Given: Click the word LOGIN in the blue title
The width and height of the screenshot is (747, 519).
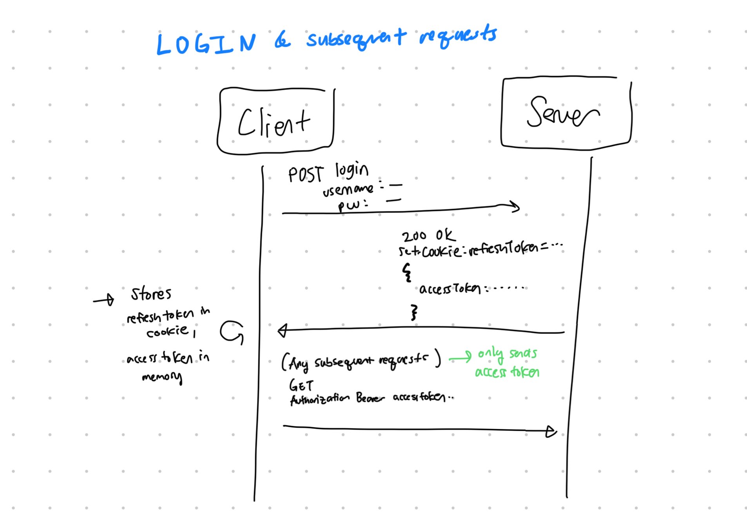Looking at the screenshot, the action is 206,44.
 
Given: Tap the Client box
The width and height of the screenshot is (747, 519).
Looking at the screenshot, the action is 275,121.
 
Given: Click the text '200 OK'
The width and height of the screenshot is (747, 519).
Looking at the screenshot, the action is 428,236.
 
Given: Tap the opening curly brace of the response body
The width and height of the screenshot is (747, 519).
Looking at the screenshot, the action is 407,272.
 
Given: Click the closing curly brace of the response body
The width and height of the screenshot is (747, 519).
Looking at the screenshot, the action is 414,312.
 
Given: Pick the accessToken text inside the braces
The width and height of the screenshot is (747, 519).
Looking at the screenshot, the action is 450,289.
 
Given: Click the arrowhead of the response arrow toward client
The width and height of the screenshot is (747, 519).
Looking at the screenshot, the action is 282,331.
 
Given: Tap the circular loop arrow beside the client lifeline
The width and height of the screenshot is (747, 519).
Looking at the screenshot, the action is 232,332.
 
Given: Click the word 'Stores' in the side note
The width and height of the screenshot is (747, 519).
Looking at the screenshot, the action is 151,294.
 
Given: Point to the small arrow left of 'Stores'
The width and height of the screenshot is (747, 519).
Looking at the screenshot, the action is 104,300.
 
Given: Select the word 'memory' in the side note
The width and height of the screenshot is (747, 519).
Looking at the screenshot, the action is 162,377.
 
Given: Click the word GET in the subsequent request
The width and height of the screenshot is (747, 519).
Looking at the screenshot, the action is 301,386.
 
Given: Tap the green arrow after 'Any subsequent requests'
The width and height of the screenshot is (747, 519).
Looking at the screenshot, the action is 460,357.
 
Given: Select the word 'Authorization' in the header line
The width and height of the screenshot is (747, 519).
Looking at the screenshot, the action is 319,399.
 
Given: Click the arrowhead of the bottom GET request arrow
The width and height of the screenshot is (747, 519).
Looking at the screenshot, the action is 551,432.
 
